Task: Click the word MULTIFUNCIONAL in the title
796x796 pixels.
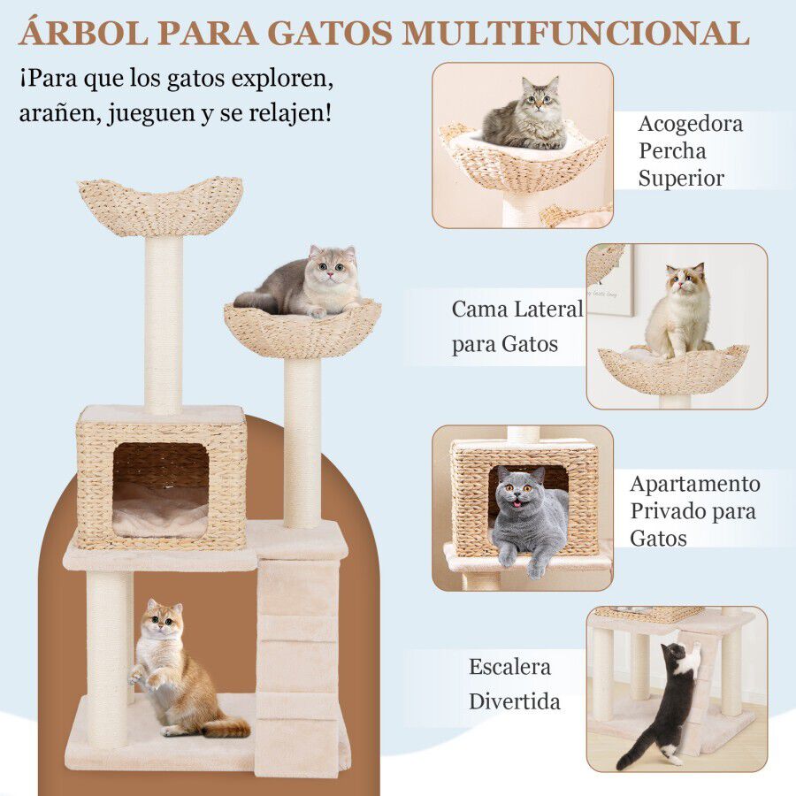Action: click(x=576, y=32)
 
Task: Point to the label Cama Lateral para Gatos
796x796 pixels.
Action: click(x=517, y=325)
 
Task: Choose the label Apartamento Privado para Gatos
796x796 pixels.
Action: click(x=694, y=510)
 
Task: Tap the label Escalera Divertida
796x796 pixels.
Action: click(x=514, y=684)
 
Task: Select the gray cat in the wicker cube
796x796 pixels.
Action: click(x=529, y=517)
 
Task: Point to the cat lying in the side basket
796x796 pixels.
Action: click(x=305, y=283)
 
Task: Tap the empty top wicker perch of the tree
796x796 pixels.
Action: click(x=160, y=205)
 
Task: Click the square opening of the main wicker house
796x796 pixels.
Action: click(x=160, y=489)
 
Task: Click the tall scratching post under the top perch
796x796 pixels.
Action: click(x=163, y=323)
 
